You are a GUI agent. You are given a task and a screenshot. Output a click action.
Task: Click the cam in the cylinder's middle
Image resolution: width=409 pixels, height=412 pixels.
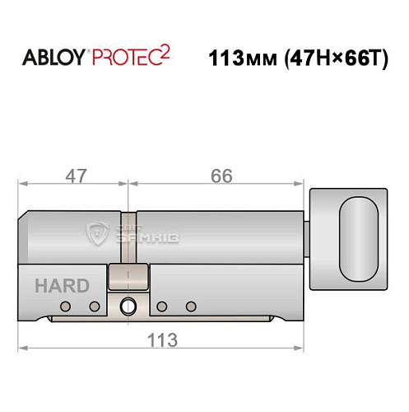tap(128, 277)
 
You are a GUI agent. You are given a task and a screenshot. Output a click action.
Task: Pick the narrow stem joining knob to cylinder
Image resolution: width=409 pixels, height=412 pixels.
tap(305, 238)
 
